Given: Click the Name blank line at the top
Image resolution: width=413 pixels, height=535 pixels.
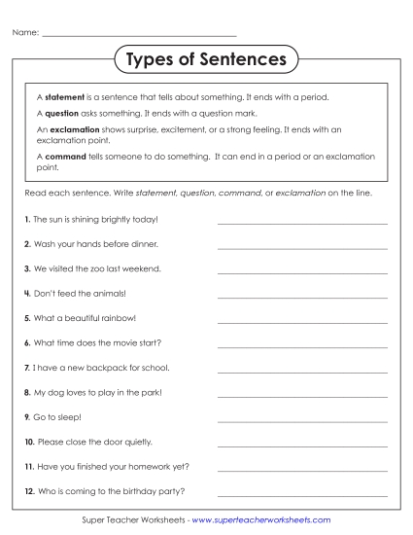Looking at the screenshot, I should [141, 36].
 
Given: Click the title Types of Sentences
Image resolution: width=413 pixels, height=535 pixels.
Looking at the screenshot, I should [206, 60].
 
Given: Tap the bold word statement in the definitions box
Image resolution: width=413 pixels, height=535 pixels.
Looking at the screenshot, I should [65, 97].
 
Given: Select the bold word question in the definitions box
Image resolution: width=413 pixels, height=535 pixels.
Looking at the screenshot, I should [62, 113].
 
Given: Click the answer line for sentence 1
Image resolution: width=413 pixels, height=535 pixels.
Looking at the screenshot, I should [302, 224].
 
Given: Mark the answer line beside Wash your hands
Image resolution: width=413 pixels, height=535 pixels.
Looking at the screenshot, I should [302, 248].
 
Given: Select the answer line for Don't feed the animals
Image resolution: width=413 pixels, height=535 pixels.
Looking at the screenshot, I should [302, 298].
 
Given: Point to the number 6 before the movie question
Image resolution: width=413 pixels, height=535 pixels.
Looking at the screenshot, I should [27, 342].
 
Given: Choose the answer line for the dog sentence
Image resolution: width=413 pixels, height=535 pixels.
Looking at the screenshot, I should [302, 397].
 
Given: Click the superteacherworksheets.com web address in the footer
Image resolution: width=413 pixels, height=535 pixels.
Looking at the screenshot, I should [261, 521].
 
